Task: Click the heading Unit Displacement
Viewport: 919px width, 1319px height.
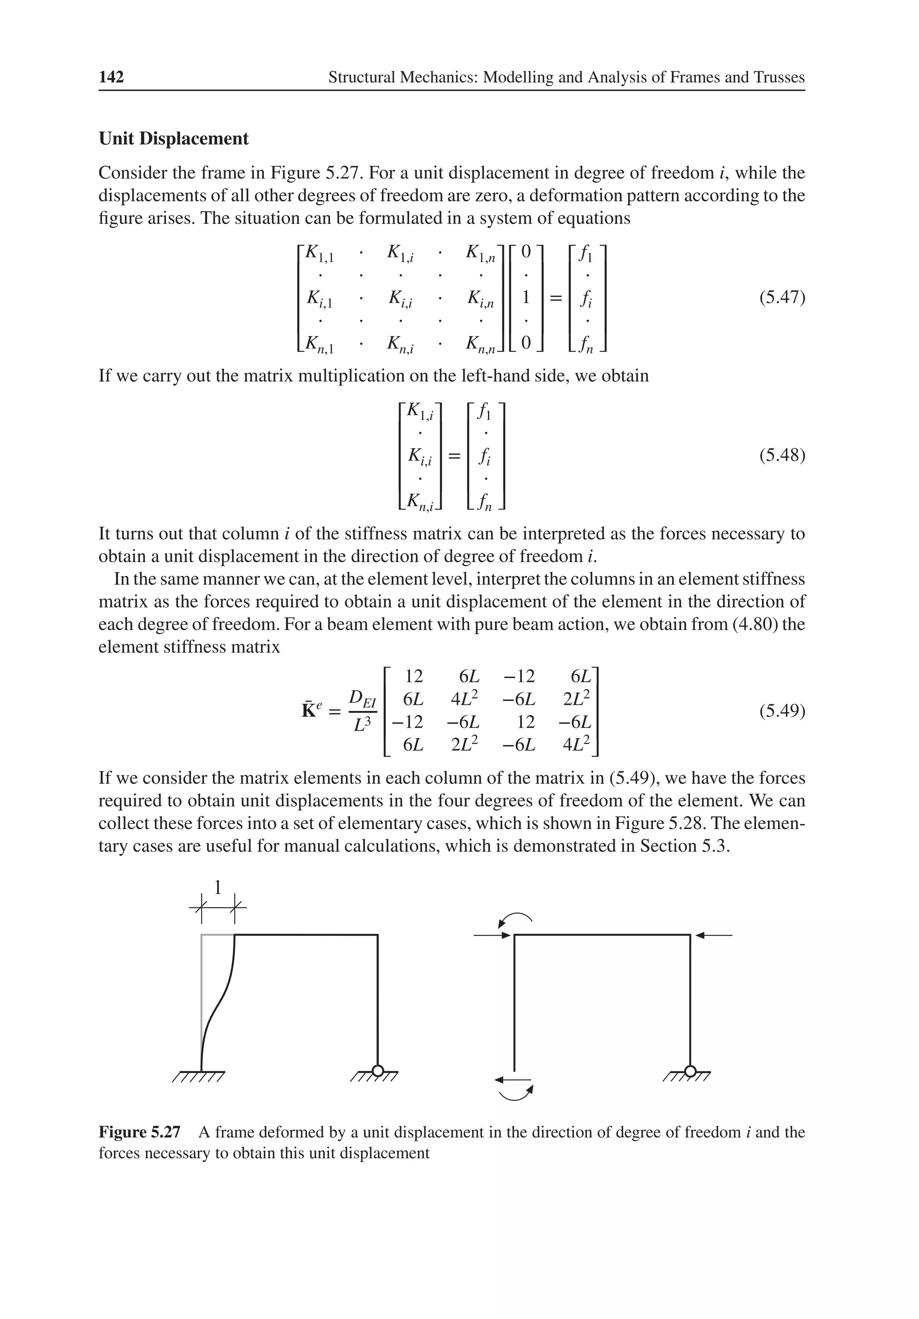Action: tap(174, 139)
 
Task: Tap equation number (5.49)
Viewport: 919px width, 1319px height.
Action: tap(782, 711)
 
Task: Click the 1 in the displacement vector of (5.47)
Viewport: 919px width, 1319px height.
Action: tap(525, 297)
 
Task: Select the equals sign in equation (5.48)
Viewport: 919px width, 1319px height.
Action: tap(454, 457)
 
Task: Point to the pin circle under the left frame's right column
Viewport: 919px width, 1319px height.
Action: tap(377, 1070)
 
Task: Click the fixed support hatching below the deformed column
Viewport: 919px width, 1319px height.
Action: tap(198, 1078)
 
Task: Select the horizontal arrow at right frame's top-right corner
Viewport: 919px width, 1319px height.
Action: tap(714, 936)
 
